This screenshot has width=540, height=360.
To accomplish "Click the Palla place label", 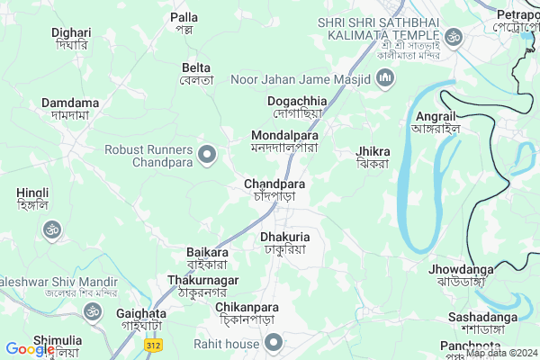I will click(184, 23).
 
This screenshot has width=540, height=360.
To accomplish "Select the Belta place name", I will click(196, 74).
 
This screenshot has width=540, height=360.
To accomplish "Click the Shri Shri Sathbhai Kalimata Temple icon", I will click(454, 37).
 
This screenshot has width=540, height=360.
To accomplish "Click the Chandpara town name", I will click(274, 190).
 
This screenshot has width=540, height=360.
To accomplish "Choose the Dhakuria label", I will click(284, 242).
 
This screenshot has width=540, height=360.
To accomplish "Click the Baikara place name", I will click(207, 258).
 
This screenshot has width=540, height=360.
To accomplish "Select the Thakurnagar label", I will click(203, 286).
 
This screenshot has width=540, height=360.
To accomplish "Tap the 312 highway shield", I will click(154, 345).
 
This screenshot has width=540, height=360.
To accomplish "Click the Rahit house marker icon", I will click(274, 343).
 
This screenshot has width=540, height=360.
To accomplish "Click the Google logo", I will click(30, 349).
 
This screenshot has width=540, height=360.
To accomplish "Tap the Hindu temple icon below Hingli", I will click(50, 229).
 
